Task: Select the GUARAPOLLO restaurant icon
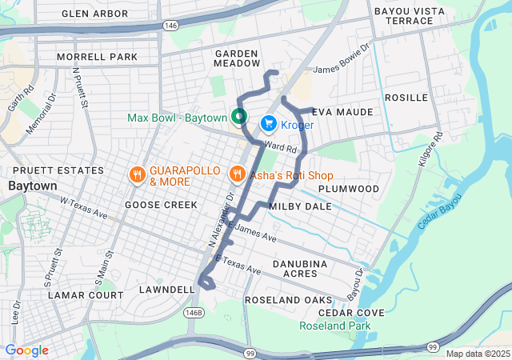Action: pyautogui.click(x=138, y=174)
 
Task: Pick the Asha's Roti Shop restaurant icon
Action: pyautogui.click(x=237, y=174)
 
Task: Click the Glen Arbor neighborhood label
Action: pyautogui.click(x=94, y=14)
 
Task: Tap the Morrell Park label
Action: pyautogui.click(x=97, y=58)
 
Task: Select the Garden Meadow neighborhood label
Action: pyautogui.click(x=237, y=58)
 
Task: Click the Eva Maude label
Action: pyautogui.click(x=342, y=112)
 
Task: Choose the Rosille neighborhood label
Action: pyautogui.click(x=406, y=98)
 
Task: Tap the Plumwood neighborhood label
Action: pyautogui.click(x=348, y=188)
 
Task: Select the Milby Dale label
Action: pyautogui.click(x=300, y=206)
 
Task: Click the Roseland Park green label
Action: pyautogui.click(x=335, y=326)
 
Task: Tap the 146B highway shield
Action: pyautogui.click(x=193, y=311)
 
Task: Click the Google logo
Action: pyautogui.click(x=26, y=350)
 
